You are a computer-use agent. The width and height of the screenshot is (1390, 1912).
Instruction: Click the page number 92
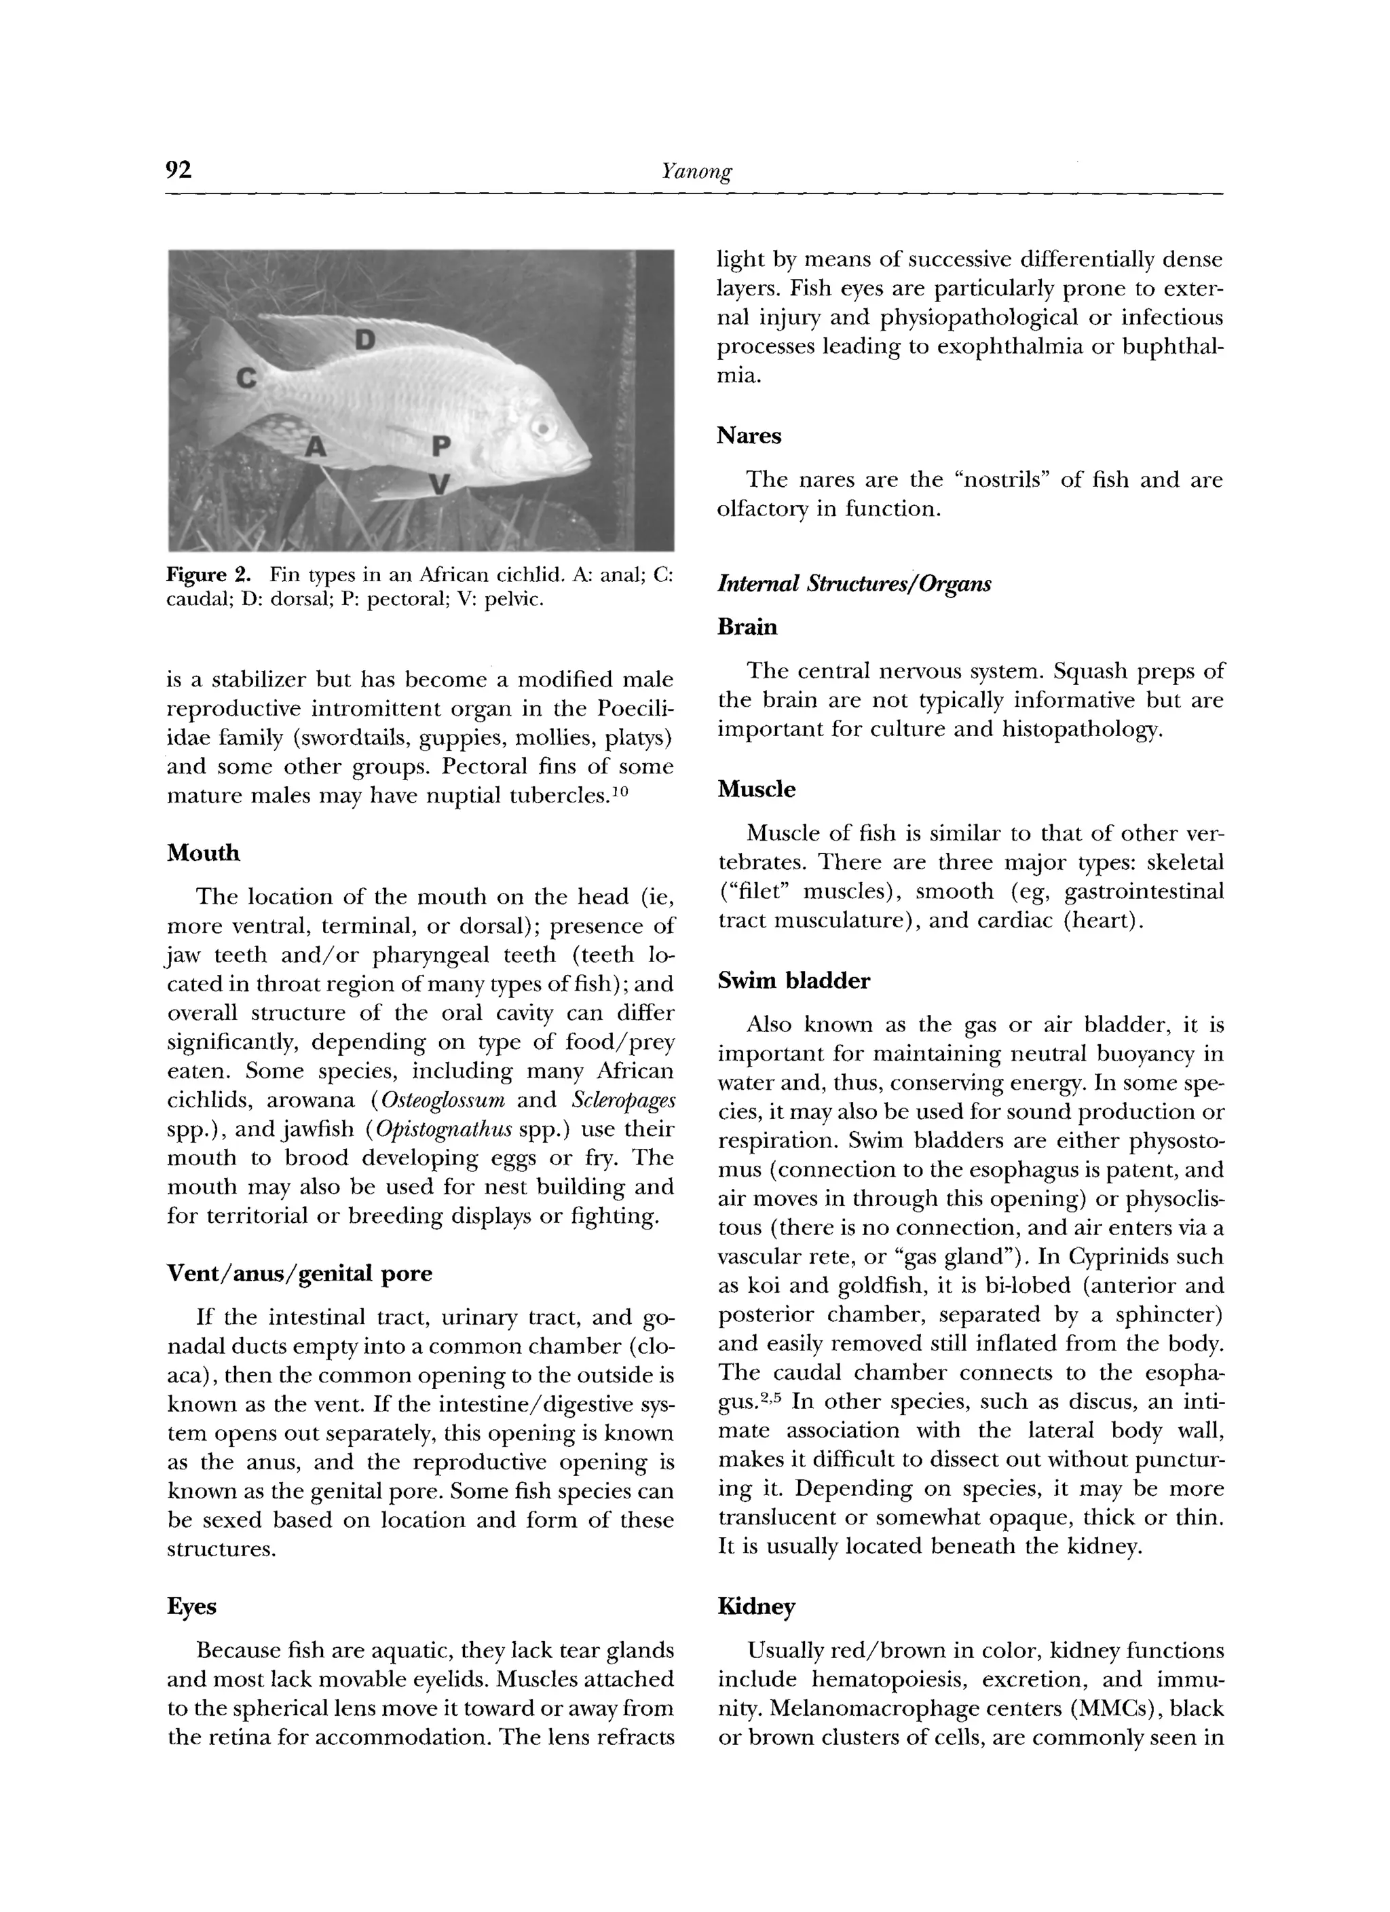(x=180, y=171)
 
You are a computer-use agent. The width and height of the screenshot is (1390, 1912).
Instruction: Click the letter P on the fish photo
(x=441, y=447)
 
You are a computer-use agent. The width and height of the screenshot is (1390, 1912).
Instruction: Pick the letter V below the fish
(x=439, y=484)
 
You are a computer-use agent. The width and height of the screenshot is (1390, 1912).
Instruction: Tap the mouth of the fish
(x=586, y=462)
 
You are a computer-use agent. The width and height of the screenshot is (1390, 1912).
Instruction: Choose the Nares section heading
(x=749, y=436)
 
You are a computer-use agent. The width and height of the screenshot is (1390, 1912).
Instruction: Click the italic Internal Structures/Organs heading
(x=853, y=583)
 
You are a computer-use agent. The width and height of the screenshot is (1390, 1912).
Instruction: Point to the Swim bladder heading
(x=794, y=981)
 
